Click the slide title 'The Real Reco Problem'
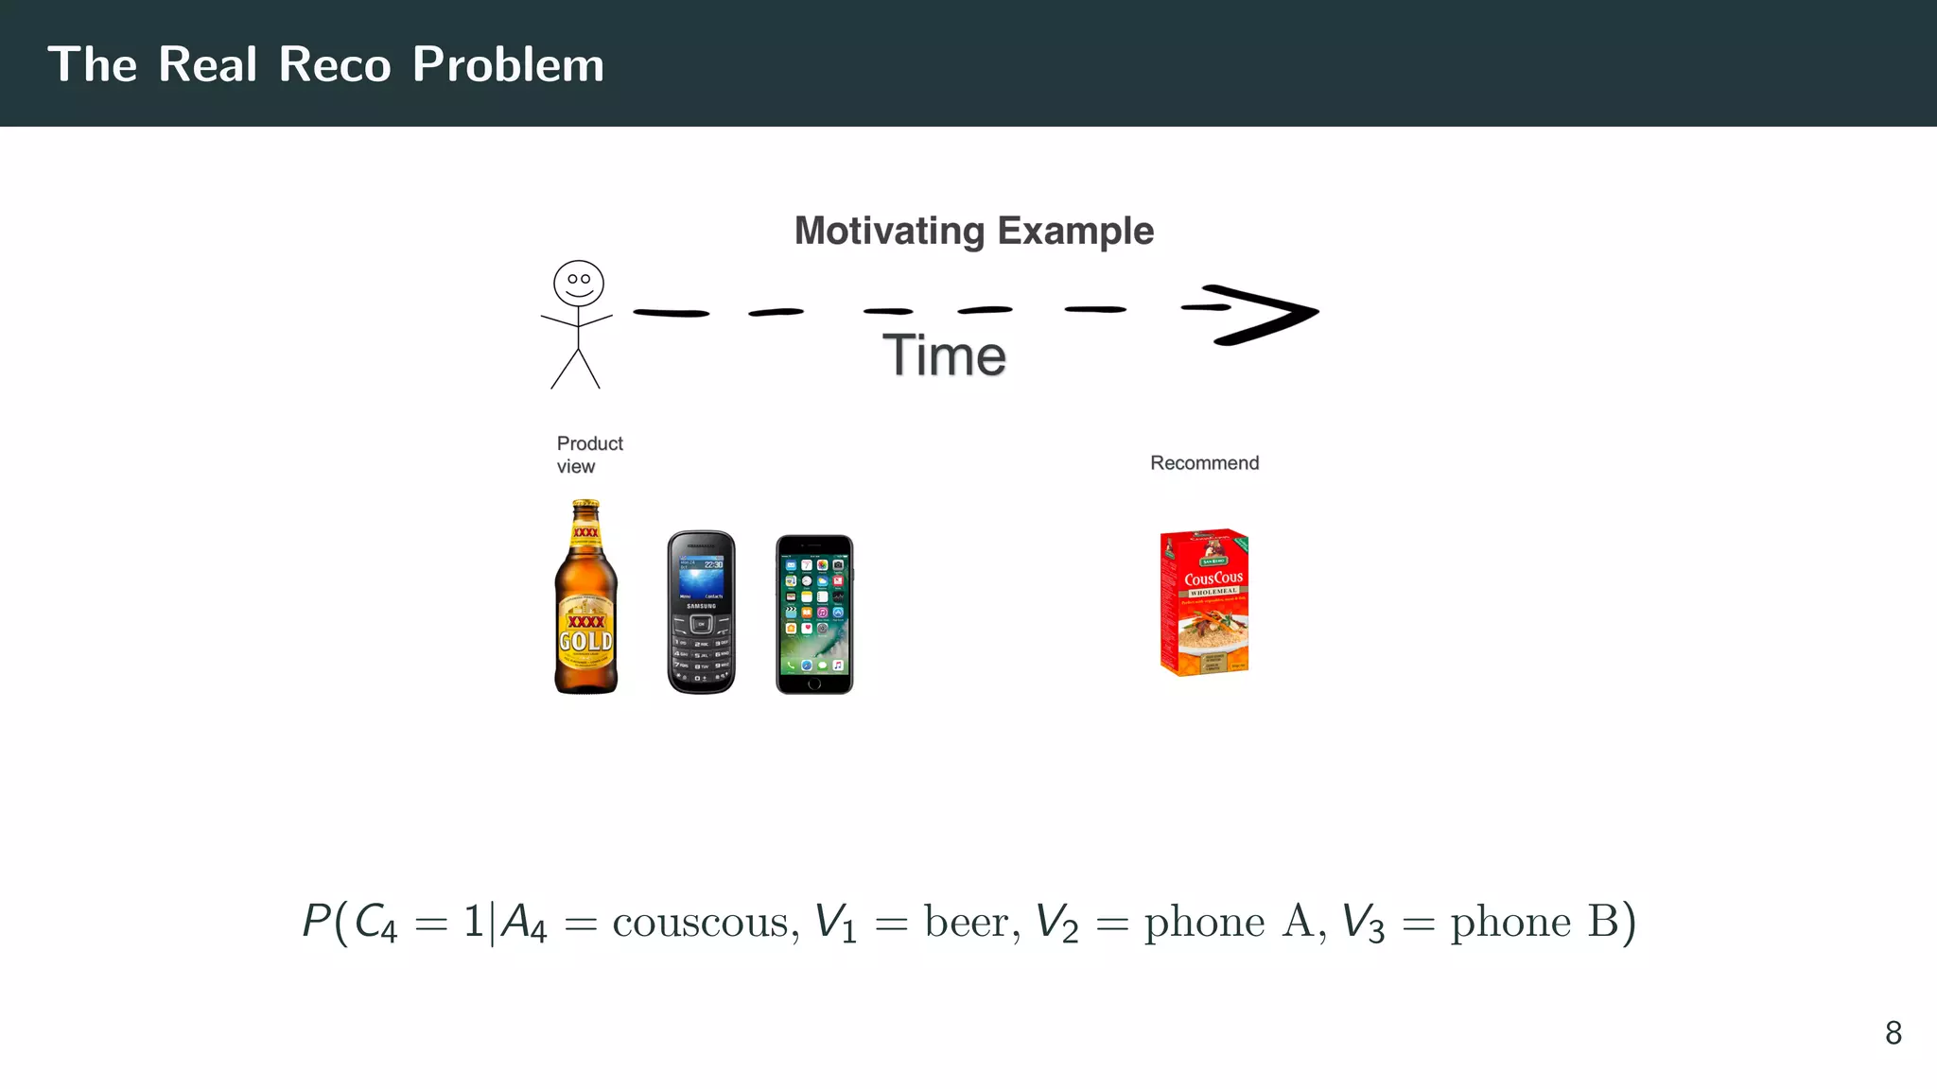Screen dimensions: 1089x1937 [x=325, y=64]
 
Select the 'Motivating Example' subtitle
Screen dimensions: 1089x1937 [x=973, y=231]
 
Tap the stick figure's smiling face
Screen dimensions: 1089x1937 [x=579, y=283]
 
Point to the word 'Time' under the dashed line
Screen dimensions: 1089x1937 [x=944, y=355]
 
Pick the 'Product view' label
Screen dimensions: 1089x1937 [x=588, y=455]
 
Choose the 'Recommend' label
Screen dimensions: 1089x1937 [x=1204, y=463]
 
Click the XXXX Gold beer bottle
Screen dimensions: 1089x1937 [x=585, y=605]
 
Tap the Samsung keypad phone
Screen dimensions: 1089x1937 [x=701, y=613]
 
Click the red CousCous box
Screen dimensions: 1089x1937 [x=1204, y=601]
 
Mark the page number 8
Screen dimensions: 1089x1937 [x=1893, y=1032]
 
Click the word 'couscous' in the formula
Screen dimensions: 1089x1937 [x=700, y=923]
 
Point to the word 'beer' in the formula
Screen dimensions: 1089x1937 [x=970, y=923]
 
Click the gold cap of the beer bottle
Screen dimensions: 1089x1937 [x=586, y=504]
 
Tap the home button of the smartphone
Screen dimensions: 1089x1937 [x=814, y=683]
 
